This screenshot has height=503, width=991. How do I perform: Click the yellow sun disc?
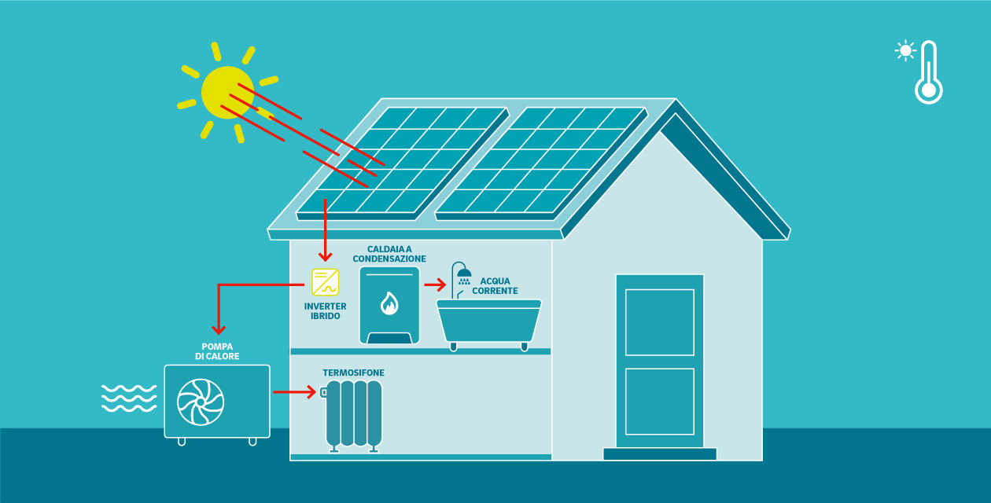pyautogui.click(x=227, y=92)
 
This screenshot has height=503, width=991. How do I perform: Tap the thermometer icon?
pyautogui.click(x=929, y=73)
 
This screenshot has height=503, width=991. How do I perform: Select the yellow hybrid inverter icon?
pyautogui.click(x=325, y=281)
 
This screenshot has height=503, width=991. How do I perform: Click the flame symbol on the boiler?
pyautogui.click(x=389, y=303)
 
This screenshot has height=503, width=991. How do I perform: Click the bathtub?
pyautogui.click(x=489, y=321)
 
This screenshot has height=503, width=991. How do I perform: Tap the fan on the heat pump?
pyautogui.click(x=201, y=402)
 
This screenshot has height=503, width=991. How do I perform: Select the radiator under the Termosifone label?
pyautogui.click(x=354, y=414)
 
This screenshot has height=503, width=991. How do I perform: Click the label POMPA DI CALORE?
pyautogui.click(x=217, y=351)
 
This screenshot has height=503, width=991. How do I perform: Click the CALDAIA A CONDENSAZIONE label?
pyautogui.click(x=389, y=254)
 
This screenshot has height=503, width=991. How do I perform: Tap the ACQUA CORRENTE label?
pyautogui.click(x=495, y=286)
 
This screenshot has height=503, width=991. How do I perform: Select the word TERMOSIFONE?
pyautogui.click(x=353, y=373)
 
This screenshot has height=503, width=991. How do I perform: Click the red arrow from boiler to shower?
pyautogui.click(x=435, y=285)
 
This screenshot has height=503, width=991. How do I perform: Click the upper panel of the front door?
pyautogui.click(x=659, y=322)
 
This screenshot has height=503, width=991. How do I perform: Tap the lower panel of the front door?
pyautogui.click(x=659, y=401)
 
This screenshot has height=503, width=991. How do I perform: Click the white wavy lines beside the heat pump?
pyautogui.click(x=129, y=398)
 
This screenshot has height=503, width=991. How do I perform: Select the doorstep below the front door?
pyautogui.click(x=659, y=453)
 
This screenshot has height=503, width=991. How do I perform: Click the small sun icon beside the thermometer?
pyautogui.click(x=905, y=51)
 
